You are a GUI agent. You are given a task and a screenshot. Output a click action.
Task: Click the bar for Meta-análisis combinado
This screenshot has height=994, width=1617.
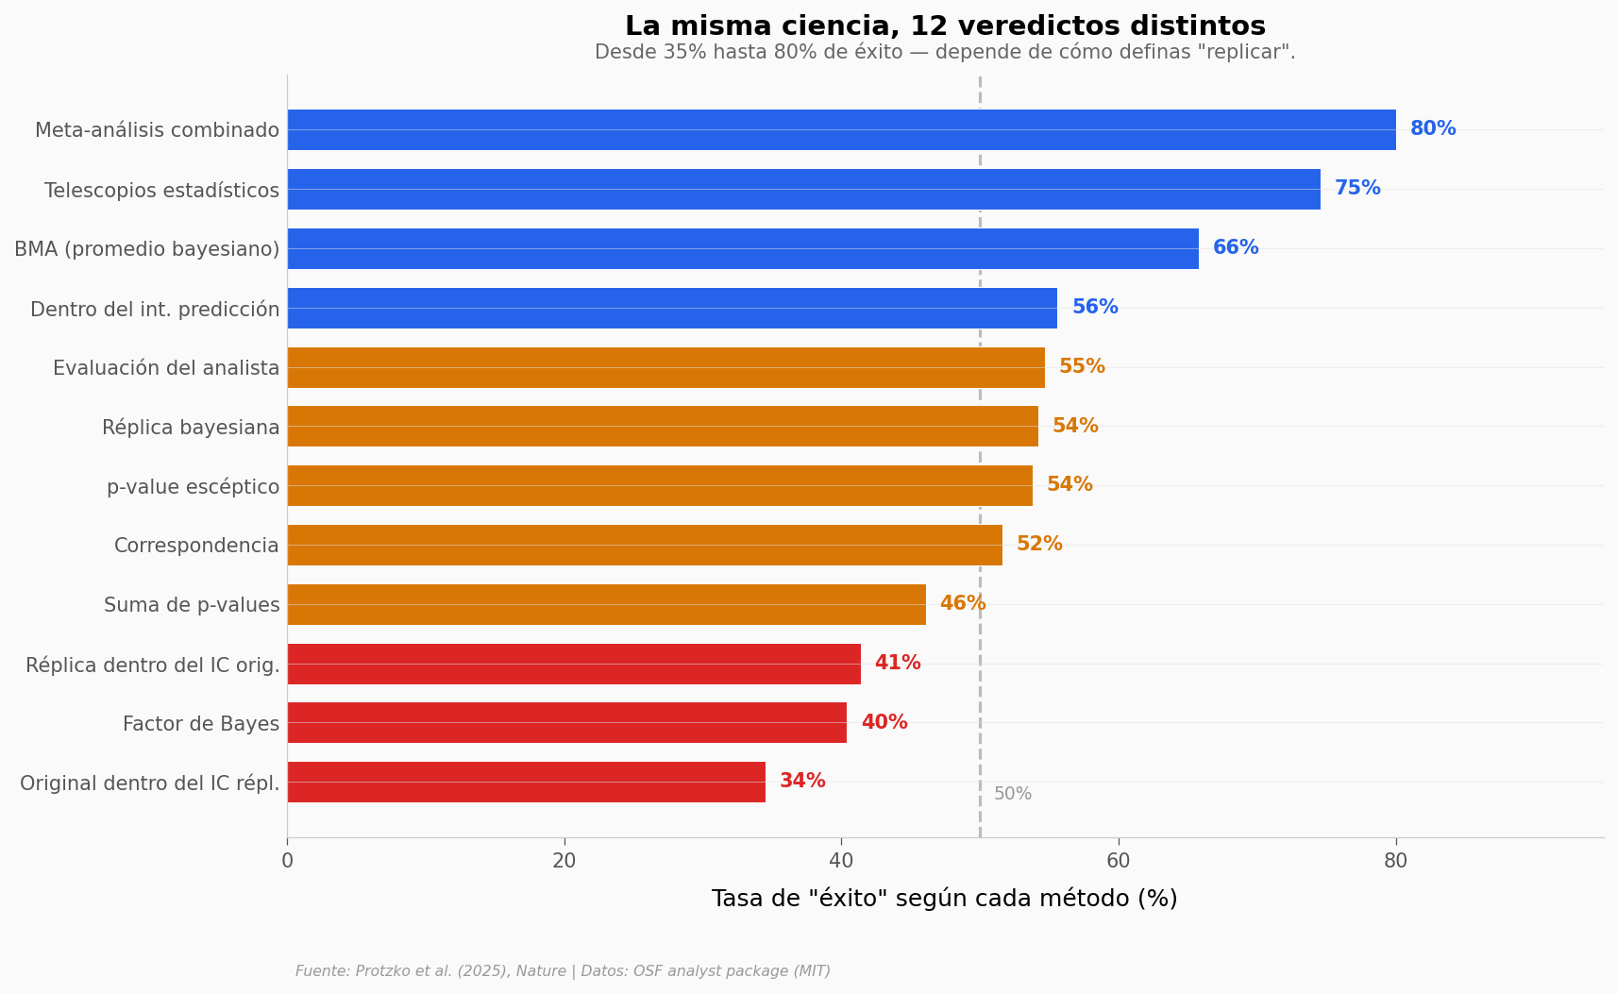click(x=840, y=129)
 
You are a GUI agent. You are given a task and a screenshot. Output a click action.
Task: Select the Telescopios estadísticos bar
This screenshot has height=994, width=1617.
click(x=802, y=189)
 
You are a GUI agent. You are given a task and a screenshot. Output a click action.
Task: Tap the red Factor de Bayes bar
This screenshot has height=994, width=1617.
click(x=566, y=723)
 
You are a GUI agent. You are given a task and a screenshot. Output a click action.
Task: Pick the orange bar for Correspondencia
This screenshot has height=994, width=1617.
click(x=644, y=545)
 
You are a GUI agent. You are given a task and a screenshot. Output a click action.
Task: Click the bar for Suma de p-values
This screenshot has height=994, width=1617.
click(x=606, y=604)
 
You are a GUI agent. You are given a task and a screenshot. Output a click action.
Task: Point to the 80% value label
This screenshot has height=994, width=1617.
click(x=1433, y=129)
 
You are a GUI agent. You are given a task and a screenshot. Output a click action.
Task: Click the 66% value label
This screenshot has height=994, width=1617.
click(x=1236, y=248)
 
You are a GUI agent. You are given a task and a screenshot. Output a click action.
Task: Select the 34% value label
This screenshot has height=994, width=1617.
click(x=802, y=782)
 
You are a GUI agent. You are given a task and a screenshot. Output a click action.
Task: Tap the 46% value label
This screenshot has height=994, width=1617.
click(x=963, y=604)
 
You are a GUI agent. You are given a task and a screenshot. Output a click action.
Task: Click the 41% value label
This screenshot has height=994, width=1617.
click(x=898, y=664)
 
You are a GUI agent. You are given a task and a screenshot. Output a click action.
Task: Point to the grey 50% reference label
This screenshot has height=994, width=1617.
click(x=1013, y=794)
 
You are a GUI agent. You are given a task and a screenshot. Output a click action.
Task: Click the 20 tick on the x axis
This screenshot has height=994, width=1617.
click(x=564, y=861)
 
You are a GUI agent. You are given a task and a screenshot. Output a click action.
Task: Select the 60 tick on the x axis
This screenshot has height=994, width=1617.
click(x=1119, y=861)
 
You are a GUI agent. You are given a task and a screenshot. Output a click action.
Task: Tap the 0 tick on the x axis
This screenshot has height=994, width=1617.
click(x=287, y=861)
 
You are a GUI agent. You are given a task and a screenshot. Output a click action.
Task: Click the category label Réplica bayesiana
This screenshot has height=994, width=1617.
click(x=191, y=428)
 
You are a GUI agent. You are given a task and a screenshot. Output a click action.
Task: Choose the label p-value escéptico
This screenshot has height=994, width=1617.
click(x=193, y=487)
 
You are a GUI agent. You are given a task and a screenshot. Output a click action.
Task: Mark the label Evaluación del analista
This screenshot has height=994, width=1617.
click(x=166, y=368)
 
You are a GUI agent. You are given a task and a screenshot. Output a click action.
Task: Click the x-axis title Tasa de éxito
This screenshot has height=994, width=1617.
click(x=944, y=899)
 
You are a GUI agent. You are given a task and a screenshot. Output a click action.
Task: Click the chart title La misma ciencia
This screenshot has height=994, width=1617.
click(x=945, y=26)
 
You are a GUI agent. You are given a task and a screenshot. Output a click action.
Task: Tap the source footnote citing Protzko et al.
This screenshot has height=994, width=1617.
click(x=563, y=971)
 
